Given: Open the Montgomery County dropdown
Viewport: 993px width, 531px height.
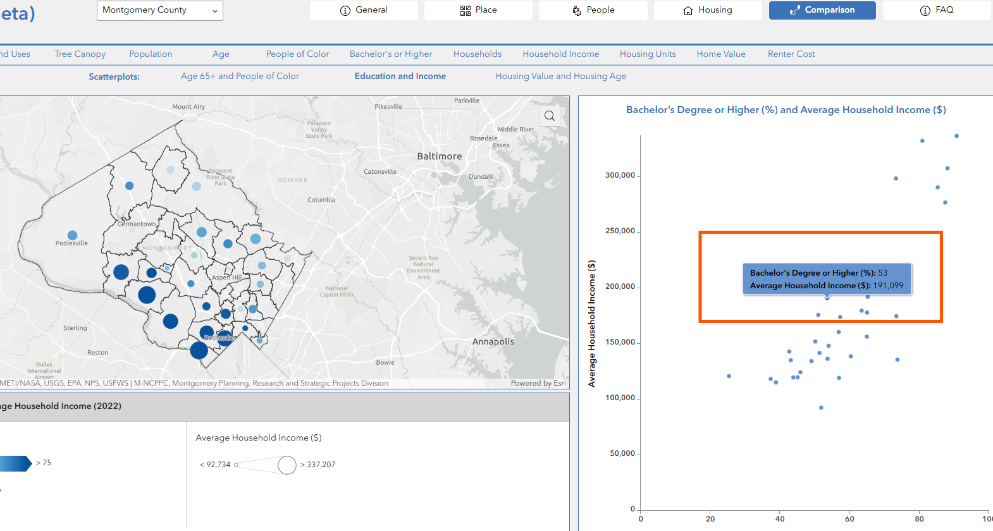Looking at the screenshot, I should tap(159, 11).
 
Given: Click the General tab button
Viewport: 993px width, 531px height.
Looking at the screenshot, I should tap(364, 10).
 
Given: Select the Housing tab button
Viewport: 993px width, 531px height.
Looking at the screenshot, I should tap(708, 10).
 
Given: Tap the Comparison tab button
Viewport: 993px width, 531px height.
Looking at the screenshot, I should tap(822, 10).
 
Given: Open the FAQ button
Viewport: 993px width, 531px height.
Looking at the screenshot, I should tap(937, 10).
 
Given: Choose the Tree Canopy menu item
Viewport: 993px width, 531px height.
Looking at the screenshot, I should tap(80, 54).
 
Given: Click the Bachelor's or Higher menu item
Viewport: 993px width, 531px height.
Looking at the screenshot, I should tap(391, 54).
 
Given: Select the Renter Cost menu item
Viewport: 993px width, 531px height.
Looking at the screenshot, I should tap(791, 54).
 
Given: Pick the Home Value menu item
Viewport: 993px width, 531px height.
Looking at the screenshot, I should tap(721, 54).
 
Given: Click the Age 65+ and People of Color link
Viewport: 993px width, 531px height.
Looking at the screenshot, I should tap(240, 76).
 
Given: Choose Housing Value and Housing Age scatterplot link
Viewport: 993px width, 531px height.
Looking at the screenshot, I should tap(561, 76).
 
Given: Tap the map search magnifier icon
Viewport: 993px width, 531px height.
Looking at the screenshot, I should tap(550, 116).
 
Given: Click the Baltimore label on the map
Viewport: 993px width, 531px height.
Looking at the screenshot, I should tap(440, 156).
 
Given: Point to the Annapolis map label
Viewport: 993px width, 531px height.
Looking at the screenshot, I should tap(493, 342).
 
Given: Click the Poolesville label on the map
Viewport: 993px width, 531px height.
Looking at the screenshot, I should tap(71, 243).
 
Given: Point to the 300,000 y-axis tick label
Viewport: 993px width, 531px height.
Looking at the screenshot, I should tap(620, 175).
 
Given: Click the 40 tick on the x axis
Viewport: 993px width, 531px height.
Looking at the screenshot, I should tap(780, 519).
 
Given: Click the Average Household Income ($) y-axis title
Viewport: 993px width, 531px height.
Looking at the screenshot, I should tap(592, 324).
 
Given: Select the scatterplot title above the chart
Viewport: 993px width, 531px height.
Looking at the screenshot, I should tap(786, 110).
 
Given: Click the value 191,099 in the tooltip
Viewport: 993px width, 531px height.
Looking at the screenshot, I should tap(888, 286).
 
